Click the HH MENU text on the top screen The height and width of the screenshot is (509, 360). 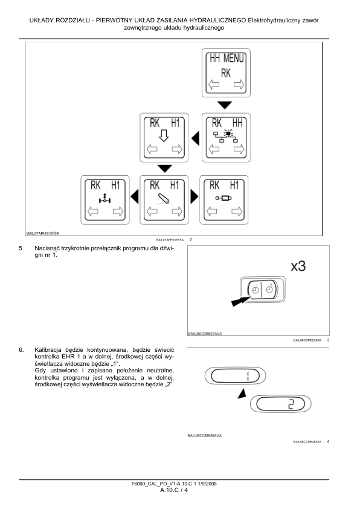[x=227, y=59]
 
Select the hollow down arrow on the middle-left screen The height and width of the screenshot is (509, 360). [x=164, y=135]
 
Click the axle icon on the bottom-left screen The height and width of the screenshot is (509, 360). [x=104, y=198]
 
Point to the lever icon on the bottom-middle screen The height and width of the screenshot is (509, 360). [x=164, y=198]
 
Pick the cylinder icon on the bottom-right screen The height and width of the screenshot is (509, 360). [x=223, y=198]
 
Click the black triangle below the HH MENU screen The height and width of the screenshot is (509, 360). [x=225, y=105]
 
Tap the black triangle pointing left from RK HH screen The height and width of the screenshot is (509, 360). [x=195, y=138]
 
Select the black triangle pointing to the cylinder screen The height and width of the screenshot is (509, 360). [x=194, y=196]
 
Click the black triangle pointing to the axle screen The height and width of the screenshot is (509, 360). [x=135, y=196]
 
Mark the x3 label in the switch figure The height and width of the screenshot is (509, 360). [x=298, y=266]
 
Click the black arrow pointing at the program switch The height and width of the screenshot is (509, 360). [x=241, y=300]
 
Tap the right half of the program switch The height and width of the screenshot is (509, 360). [x=269, y=288]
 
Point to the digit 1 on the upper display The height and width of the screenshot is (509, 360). [x=247, y=377]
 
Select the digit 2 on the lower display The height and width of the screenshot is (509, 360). [x=291, y=404]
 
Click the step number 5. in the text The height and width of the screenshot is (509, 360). [x=21, y=248]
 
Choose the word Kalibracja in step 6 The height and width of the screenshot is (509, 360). [x=48, y=350]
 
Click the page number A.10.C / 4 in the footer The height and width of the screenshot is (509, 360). [x=174, y=490]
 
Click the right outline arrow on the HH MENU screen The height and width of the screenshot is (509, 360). [x=239, y=85]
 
